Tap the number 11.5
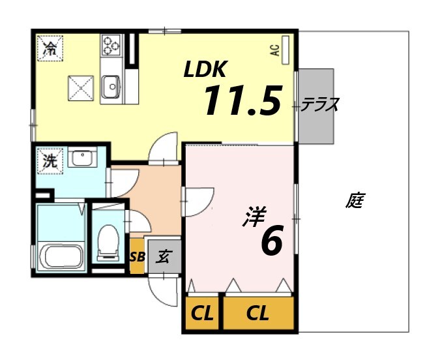point(242,101)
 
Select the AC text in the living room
point(275,51)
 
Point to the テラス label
point(320,104)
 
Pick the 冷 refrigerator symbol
point(50,47)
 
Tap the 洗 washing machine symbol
point(50,162)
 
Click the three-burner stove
point(110,45)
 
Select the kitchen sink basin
point(110,85)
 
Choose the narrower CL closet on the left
point(202,314)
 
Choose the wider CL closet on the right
point(258,314)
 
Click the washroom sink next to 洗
point(82,158)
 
